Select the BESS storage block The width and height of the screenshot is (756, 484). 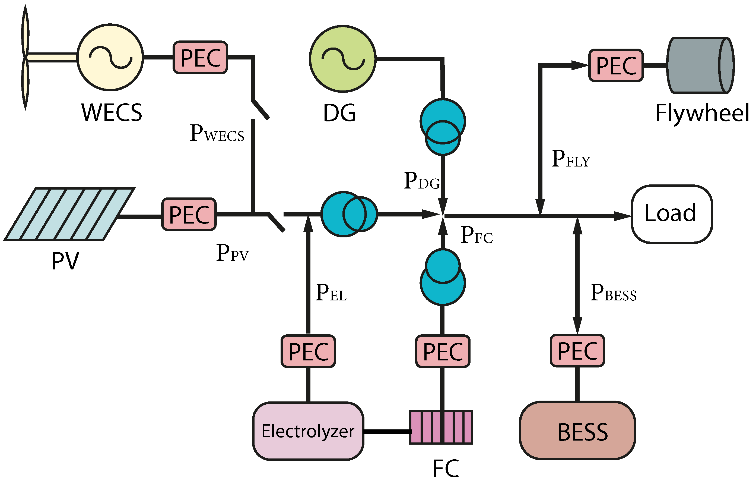(577, 430)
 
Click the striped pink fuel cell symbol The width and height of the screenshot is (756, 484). (441, 427)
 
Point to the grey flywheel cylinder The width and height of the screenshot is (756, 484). (700, 65)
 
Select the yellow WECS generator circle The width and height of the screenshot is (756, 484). (110, 57)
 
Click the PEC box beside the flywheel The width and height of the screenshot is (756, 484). (616, 65)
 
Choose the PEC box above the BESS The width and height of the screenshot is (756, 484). (577, 350)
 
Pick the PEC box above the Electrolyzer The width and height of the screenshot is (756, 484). (308, 351)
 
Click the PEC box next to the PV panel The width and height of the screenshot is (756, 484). (189, 214)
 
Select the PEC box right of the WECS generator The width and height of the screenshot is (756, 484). (200, 57)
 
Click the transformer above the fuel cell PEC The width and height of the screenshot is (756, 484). (443, 276)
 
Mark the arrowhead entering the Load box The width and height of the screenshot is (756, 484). (622, 216)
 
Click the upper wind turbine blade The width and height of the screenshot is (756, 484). (25, 32)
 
